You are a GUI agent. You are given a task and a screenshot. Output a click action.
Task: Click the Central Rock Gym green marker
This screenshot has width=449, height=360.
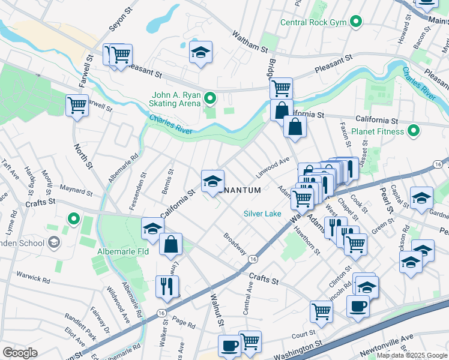(356, 23)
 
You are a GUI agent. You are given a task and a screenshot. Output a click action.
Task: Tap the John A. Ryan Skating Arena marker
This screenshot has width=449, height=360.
(209, 97)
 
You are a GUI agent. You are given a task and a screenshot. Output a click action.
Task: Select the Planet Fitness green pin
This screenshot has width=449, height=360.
(414, 130)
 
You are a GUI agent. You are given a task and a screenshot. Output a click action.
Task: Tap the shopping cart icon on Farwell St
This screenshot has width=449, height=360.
(77, 106)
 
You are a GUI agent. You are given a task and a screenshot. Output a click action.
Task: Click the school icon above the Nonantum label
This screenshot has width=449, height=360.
(212, 181)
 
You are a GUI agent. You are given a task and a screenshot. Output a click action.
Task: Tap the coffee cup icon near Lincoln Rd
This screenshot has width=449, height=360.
(358, 305)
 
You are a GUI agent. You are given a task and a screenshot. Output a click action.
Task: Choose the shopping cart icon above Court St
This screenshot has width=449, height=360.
(322, 311)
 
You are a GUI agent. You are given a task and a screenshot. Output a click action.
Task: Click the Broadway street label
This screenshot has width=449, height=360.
(235, 244)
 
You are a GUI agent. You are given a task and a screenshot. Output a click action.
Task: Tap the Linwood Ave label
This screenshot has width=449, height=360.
(274, 163)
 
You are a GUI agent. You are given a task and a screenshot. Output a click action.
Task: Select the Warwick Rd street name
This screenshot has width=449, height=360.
(34, 278)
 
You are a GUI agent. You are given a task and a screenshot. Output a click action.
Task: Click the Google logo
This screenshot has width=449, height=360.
(20, 353)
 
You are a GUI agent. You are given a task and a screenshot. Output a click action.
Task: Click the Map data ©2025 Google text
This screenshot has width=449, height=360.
(411, 355)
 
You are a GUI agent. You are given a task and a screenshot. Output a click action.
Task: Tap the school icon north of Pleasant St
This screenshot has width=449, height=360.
(201, 52)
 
